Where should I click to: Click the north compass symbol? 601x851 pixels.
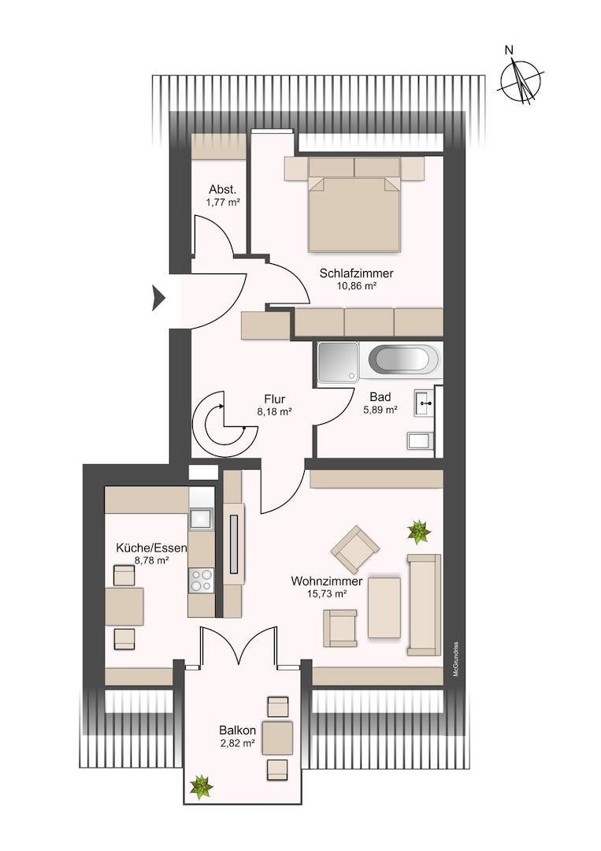point(520,81)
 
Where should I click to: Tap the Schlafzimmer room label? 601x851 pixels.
point(356,273)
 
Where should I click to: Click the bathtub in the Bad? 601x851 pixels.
point(400,359)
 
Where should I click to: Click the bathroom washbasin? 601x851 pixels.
point(425,403)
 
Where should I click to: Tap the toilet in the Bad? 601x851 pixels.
point(421,441)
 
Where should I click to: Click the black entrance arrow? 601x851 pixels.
point(158,297)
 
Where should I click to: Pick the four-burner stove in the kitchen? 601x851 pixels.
point(201,579)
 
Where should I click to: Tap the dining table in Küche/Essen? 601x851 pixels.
point(124,606)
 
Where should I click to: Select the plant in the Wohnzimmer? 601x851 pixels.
point(419,532)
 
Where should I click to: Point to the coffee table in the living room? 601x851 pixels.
point(384,608)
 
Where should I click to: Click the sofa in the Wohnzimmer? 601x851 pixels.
point(425,604)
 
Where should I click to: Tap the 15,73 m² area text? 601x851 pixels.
point(327,594)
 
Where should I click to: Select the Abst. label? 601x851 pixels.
point(222,190)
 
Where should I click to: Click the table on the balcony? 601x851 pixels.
point(278,738)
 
